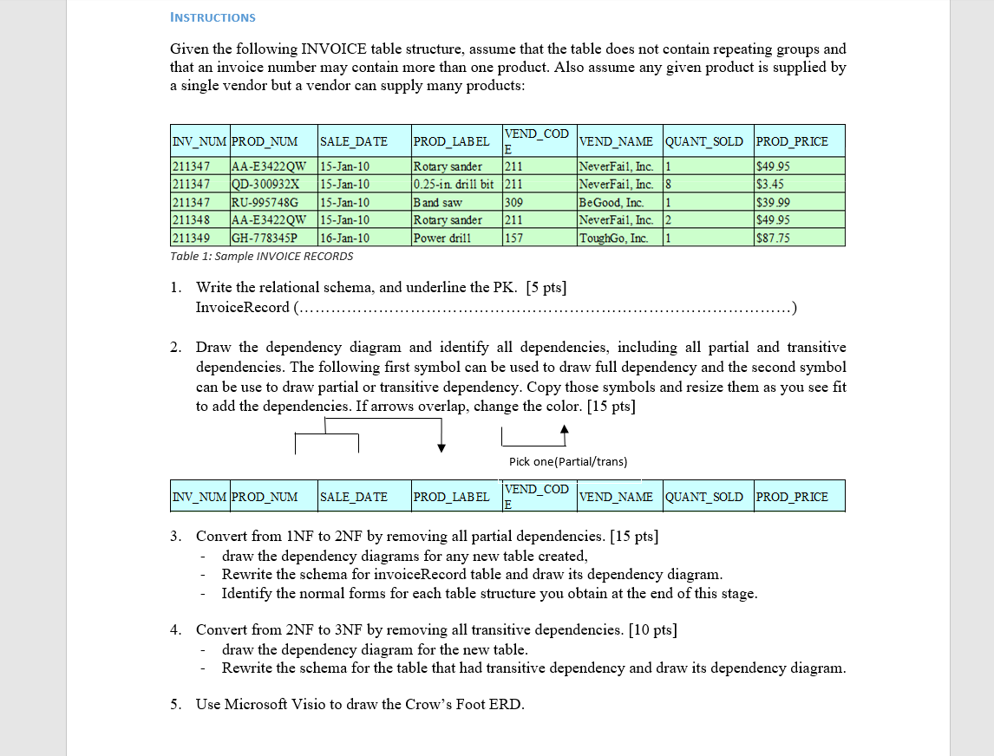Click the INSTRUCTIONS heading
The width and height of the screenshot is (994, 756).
(x=213, y=17)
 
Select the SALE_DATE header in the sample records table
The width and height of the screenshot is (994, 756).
(x=354, y=141)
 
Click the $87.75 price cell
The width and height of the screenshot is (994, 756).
(x=773, y=238)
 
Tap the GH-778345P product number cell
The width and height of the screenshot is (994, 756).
(x=264, y=238)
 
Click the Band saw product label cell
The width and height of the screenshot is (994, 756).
(x=438, y=202)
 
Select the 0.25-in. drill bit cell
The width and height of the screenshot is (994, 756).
(x=454, y=184)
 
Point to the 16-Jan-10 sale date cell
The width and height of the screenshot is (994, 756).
(x=345, y=238)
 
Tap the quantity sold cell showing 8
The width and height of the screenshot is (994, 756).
(x=668, y=184)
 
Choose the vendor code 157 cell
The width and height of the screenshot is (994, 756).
(x=513, y=238)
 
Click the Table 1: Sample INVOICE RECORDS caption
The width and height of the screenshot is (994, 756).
(x=262, y=257)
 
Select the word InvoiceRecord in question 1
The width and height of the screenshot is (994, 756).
(x=242, y=308)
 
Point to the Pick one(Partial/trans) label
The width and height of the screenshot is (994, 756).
(x=567, y=462)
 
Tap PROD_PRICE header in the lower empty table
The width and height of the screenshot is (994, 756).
(x=792, y=497)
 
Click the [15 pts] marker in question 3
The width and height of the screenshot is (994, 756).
(x=634, y=536)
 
